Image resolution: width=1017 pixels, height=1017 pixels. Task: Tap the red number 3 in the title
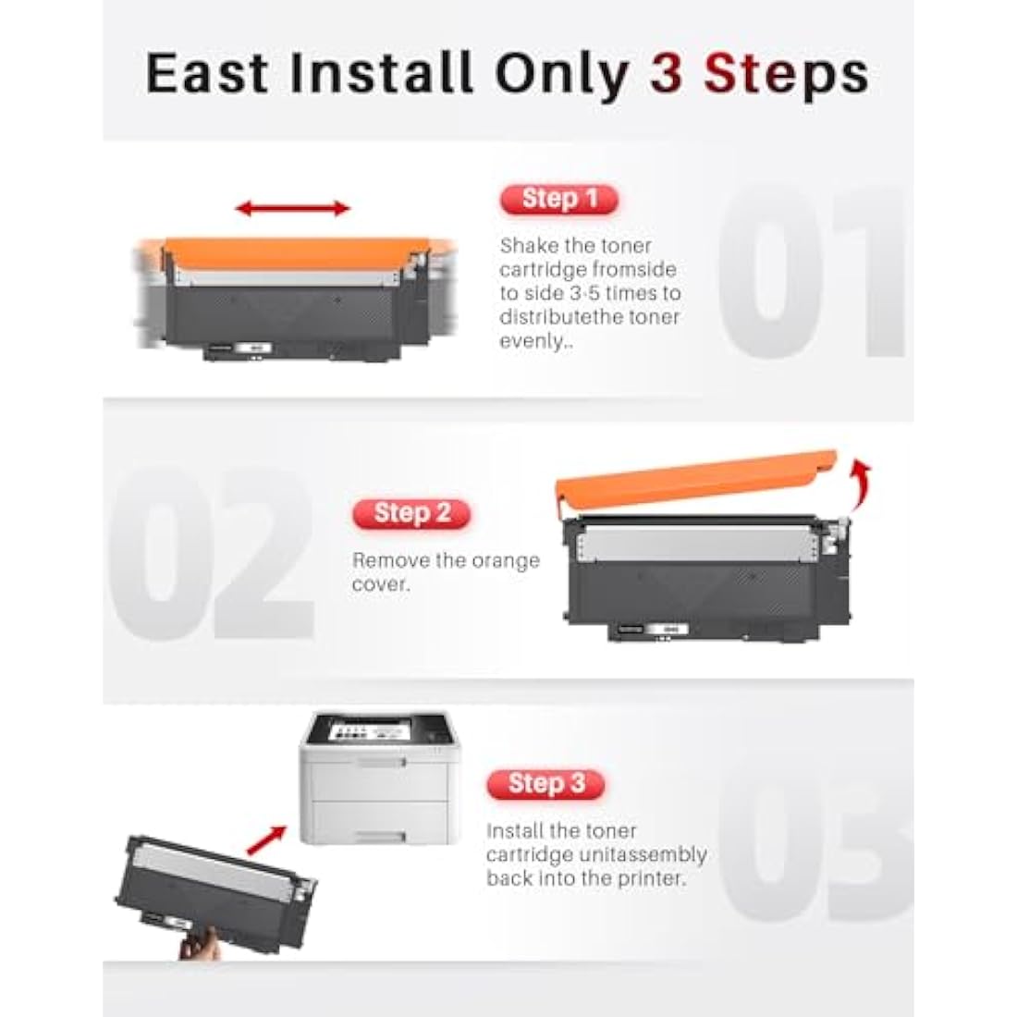point(665,73)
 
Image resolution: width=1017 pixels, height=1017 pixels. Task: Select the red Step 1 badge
point(558,199)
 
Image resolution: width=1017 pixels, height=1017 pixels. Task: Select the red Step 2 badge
point(411,513)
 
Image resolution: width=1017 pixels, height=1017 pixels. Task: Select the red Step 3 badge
point(545,784)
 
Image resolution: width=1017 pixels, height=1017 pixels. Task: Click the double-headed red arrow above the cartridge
point(293,209)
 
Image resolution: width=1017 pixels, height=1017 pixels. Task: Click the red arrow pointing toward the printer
point(265,839)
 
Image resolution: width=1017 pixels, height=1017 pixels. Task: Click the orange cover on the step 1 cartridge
point(291,253)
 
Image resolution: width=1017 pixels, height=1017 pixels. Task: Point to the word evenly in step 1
point(531,341)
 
